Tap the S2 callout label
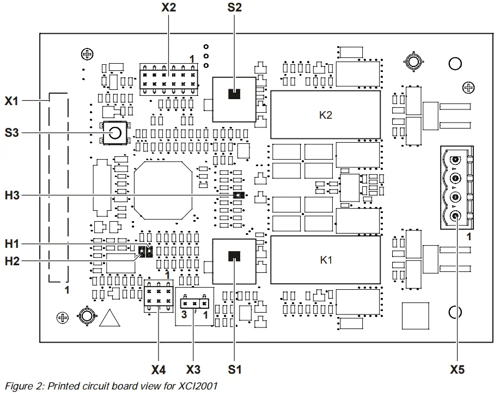pos(235,8)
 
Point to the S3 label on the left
pos(13,133)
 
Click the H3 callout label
pos(13,195)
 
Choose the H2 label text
pos(13,261)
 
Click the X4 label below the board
pos(158,370)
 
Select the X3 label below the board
pos(193,370)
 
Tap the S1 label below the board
pos(235,370)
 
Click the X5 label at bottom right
pos(458,370)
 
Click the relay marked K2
pos(325,115)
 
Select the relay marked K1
pos(325,260)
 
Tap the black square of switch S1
pos(234,255)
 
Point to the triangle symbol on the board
pos(109,318)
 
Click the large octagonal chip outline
pos(163,188)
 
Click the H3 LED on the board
pos(237,195)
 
